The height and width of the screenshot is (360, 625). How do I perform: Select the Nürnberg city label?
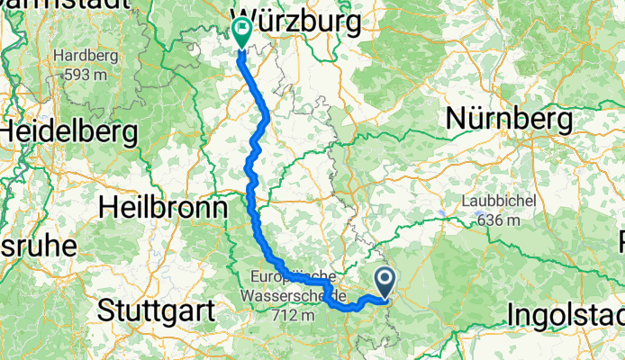tap(509, 118)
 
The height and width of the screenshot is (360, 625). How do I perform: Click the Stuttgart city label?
tap(155, 312)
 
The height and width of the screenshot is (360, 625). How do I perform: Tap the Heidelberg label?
tap(68, 132)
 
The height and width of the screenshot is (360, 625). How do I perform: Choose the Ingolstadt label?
tap(566, 314)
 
